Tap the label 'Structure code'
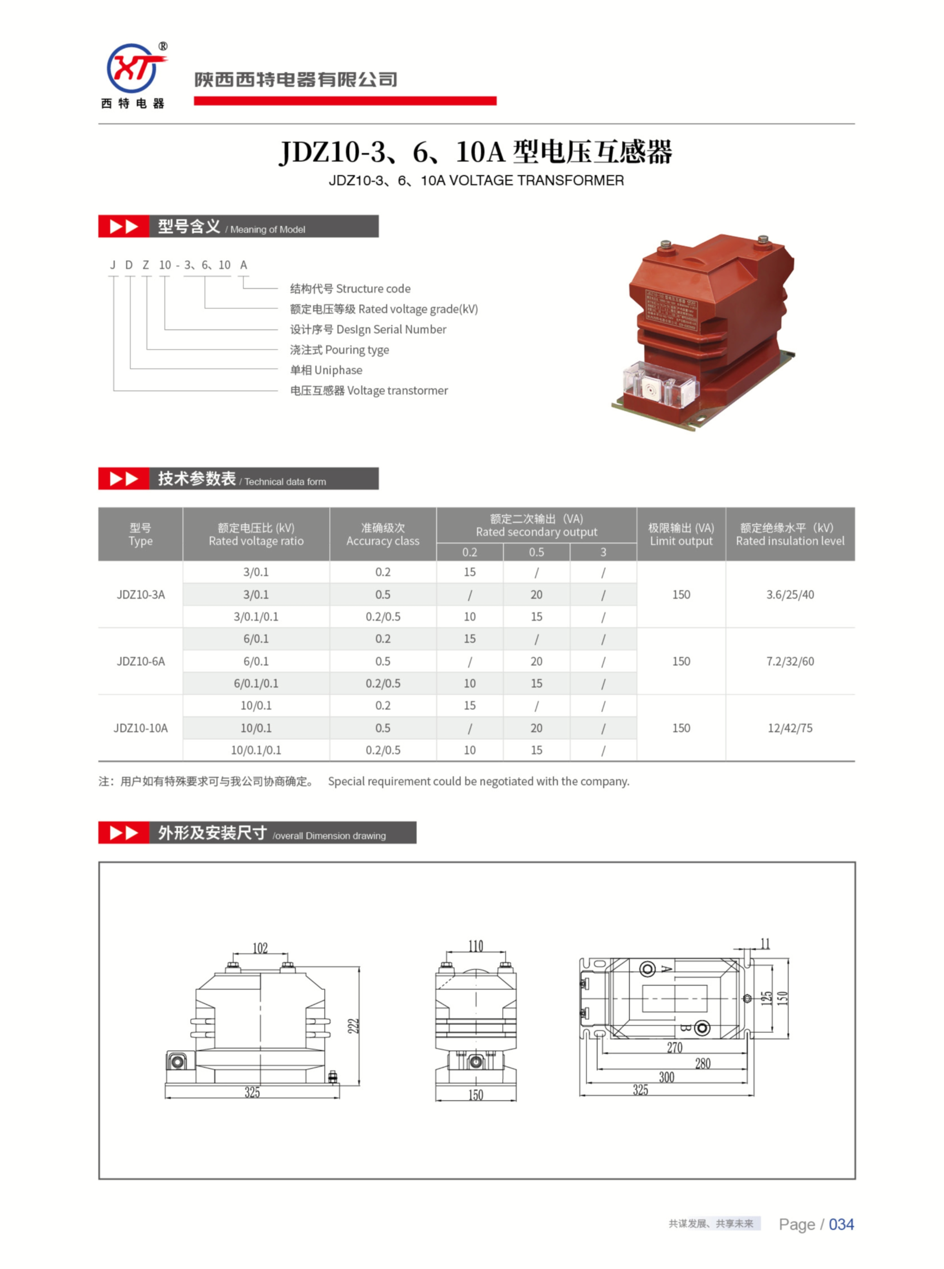click(x=373, y=289)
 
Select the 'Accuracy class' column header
click(x=383, y=535)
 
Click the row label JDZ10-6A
click(x=141, y=661)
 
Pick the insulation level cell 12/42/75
click(x=790, y=728)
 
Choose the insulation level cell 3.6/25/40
click(x=790, y=595)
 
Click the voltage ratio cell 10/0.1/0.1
click(x=256, y=750)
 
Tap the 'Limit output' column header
click(x=681, y=535)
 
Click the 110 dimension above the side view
click(x=475, y=947)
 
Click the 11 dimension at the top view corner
click(x=765, y=944)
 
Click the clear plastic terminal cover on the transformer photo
click(x=660, y=385)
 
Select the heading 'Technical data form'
click(x=285, y=482)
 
